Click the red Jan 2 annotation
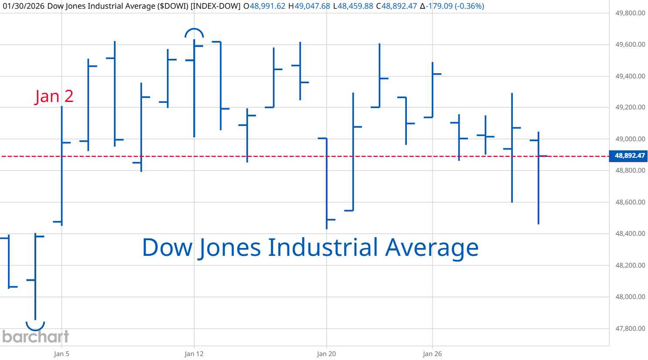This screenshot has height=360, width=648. [54, 96]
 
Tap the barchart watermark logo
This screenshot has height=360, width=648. [35, 336]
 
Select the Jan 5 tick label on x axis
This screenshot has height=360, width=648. [61, 353]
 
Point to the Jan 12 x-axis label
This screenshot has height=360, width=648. [194, 353]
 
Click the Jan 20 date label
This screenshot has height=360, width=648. [326, 353]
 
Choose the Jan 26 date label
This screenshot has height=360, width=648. [432, 353]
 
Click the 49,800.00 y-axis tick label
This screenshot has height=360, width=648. [630, 13]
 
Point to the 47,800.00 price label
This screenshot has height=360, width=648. [630, 329]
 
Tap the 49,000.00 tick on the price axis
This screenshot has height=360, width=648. [630, 139]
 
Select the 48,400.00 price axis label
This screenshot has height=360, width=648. [630, 234]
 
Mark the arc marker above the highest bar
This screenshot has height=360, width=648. [194, 33]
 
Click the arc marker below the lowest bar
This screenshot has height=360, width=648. [35, 326]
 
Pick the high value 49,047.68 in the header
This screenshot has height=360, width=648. [312, 6]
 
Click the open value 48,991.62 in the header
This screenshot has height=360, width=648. [267, 6]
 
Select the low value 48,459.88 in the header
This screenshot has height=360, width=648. [355, 6]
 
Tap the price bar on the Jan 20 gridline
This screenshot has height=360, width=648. [327, 183]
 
